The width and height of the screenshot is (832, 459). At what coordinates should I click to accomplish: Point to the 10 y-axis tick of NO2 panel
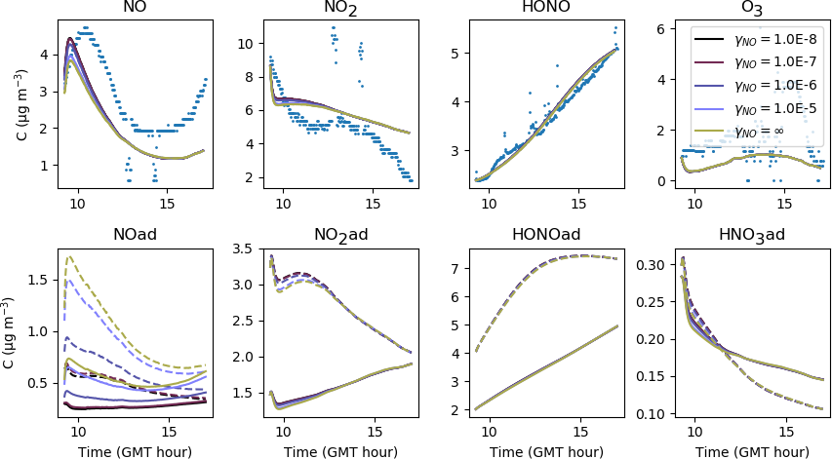(247, 44)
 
